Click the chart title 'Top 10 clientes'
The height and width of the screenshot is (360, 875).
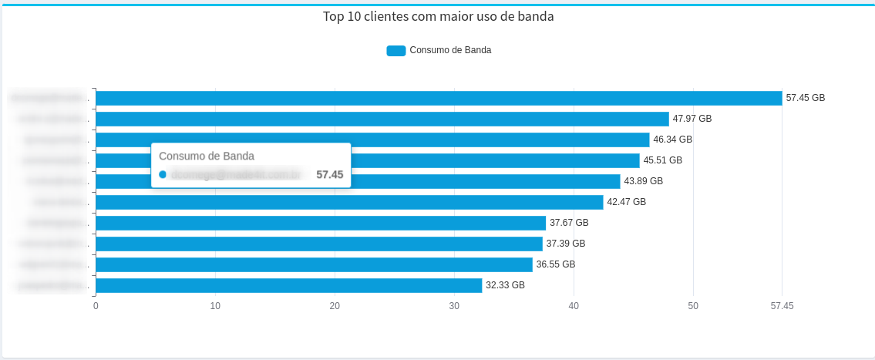[438, 17]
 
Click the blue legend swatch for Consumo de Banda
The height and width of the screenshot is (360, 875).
[395, 51]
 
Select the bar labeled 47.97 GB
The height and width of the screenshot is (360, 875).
[382, 119]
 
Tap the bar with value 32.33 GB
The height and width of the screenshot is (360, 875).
[288, 285]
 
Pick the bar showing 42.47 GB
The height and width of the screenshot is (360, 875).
[349, 202]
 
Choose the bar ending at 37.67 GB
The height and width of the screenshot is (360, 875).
[320, 223]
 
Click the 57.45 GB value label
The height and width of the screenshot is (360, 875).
[805, 98]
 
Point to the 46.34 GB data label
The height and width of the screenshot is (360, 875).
[672, 140]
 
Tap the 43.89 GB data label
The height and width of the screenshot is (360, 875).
[643, 181]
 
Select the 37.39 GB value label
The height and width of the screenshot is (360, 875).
[565, 244]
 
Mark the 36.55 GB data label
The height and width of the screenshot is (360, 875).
[555, 264]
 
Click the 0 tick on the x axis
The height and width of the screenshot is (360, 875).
[96, 306]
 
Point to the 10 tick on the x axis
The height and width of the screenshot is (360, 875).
[215, 306]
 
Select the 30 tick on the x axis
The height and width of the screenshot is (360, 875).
[454, 306]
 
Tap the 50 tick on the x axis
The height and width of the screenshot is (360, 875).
[693, 306]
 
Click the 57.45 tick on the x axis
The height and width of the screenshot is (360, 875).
[782, 306]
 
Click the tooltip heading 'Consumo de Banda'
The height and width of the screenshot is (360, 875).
[207, 156]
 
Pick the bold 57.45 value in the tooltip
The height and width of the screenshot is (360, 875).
[329, 175]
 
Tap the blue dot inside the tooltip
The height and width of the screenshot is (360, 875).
[163, 175]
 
